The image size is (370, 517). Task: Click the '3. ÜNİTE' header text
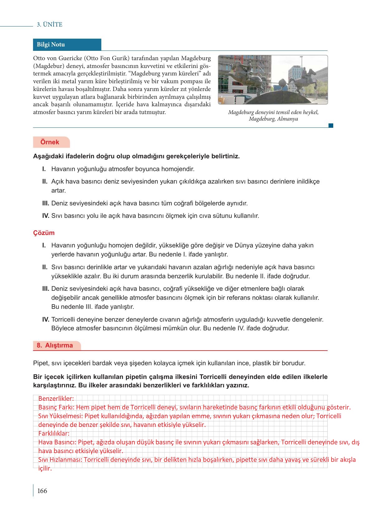[50, 25]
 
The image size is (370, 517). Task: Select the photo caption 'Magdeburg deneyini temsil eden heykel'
[273, 112]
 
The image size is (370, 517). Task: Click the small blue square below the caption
[331, 126]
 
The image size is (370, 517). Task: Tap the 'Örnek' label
[50, 142]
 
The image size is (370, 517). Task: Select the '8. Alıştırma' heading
[55, 345]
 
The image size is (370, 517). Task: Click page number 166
[42, 491]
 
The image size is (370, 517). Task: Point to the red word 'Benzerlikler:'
[56, 398]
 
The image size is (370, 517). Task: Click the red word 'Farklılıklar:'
[54, 433]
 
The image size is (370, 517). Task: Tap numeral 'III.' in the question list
[46, 203]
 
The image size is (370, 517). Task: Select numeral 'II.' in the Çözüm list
[45, 267]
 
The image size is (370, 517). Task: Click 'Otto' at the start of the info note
[39, 58]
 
